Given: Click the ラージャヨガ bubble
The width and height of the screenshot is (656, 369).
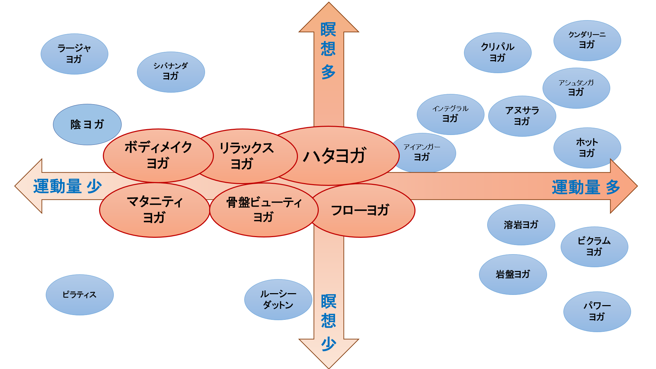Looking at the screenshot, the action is tap(74, 54).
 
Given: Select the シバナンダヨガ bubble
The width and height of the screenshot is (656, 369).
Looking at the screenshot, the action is tap(171, 72).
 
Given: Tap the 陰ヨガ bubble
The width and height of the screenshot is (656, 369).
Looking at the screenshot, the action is tap(87, 124).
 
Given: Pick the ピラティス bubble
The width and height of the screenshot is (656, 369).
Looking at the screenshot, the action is tap(80, 295).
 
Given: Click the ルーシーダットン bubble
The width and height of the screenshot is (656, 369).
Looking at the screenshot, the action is tap(278, 300).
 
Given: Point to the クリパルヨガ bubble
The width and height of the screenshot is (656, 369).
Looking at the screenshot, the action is tap(497, 53).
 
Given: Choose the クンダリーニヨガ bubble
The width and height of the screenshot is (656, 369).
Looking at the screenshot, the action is tap(587, 41).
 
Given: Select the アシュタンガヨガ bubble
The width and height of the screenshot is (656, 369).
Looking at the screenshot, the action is tap(576, 88).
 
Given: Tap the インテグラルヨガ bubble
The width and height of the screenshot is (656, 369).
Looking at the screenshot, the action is tap(450, 114).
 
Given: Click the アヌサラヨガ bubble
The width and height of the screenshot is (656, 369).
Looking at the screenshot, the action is tap(522, 116).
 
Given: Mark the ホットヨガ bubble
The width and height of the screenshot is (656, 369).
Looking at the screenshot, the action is tap(587, 148).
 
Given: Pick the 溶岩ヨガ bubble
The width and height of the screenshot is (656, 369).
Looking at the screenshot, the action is tap(521, 225).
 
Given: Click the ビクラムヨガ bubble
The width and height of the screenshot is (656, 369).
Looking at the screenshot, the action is tap(594, 247).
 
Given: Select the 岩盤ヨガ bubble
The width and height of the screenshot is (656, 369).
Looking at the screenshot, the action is tap(513, 274).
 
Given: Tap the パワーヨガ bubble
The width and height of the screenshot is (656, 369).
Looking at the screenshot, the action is tap(597, 312).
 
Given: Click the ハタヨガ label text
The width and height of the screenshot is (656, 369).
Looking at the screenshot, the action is tap(335, 156).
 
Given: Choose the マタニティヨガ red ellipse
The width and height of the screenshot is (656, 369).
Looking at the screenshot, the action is tap(154, 210).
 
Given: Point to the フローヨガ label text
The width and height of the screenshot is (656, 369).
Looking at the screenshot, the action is tap(360, 210).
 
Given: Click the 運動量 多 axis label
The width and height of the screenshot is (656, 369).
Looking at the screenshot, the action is tap(586, 187).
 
